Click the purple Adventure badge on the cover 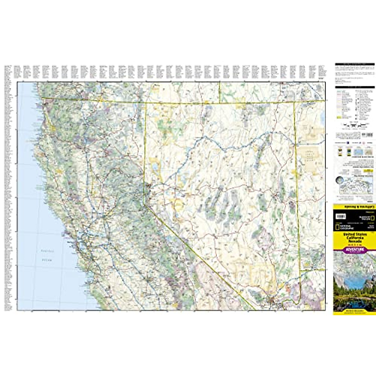pyautogui.click(x=355, y=250)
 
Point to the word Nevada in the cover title pyautogui.click(x=355, y=242)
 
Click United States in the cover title pyautogui.click(x=354, y=234)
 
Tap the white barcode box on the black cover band pyautogui.click(x=341, y=216)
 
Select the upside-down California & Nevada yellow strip pyautogui.click(x=354, y=207)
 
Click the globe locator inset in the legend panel pyautogui.click(x=339, y=181)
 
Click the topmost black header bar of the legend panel pyautogui.click(x=355, y=64)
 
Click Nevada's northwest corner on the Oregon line pyautogui.click(x=146, y=102)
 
